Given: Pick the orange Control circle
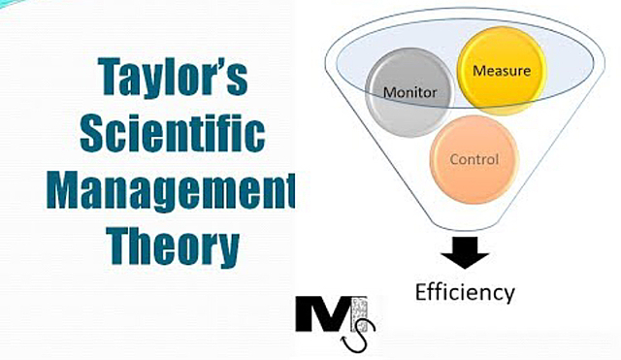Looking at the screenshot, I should coord(474,158).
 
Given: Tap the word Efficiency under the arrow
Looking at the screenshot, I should coord(465,291).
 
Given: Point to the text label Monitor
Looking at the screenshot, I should coord(410,94).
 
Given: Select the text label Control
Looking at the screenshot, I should coord(474,158).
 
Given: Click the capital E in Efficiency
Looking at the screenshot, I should coord(419,291).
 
